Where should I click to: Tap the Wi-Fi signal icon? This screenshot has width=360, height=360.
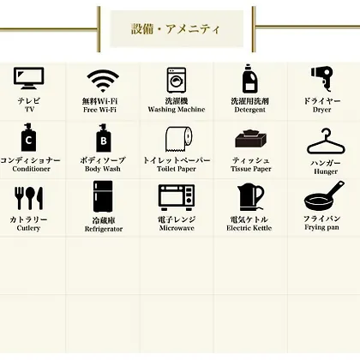click(103, 81)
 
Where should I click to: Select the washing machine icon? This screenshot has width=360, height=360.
click(177, 80)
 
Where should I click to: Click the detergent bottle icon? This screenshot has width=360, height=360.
click(250, 79)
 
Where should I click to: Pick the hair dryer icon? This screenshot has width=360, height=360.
click(322, 79)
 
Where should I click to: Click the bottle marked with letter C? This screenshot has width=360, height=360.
click(28, 137)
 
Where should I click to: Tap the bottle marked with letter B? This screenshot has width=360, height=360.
click(104, 138)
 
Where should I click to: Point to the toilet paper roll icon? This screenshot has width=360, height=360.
click(179, 139)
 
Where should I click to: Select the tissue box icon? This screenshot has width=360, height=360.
click(251, 139)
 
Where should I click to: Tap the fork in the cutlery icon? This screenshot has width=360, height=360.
click(20, 198)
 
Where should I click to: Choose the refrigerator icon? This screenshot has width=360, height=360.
click(103, 196)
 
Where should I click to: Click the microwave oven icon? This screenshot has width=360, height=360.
click(177, 197)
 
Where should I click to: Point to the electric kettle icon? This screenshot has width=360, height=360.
click(250, 197)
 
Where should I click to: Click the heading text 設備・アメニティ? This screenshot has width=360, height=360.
click(176, 29)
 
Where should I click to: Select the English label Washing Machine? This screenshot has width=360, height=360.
click(177, 110)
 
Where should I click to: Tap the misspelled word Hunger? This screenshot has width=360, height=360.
click(326, 171)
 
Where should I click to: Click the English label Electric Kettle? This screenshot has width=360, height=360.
click(249, 228)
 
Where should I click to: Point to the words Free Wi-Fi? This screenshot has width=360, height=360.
click(99, 110)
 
